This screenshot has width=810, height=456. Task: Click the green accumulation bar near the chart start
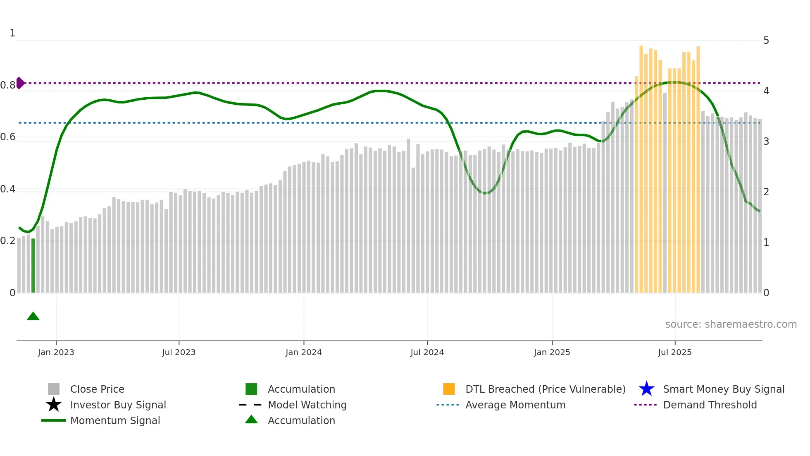(x=33, y=266)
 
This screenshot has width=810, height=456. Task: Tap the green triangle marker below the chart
(x=33, y=317)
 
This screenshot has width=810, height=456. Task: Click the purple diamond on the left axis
(x=20, y=83)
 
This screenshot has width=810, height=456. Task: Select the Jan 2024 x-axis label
(x=303, y=352)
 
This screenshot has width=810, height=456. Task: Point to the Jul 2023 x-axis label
(x=179, y=352)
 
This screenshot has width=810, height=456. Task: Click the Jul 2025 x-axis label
(x=674, y=352)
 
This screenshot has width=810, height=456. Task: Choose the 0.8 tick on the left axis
(x=7, y=85)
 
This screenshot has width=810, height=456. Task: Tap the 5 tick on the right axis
(x=766, y=41)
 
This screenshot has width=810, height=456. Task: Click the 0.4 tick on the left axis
(x=7, y=189)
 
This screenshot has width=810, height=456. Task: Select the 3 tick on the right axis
(x=766, y=142)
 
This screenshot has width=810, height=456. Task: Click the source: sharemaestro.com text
(x=731, y=324)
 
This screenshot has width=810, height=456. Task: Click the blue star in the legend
(x=646, y=389)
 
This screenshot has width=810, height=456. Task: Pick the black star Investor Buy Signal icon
(x=54, y=405)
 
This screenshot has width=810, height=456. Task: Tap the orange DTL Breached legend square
(x=449, y=389)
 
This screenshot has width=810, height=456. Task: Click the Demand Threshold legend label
(x=710, y=405)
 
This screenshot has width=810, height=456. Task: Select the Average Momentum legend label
(x=515, y=405)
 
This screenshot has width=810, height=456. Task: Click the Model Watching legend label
(x=307, y=405)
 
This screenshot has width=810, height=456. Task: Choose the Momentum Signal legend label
(x=115, y=420)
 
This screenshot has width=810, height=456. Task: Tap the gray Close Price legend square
(x=54, y=389)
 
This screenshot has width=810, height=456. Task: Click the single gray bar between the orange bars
(x=665, y=192)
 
